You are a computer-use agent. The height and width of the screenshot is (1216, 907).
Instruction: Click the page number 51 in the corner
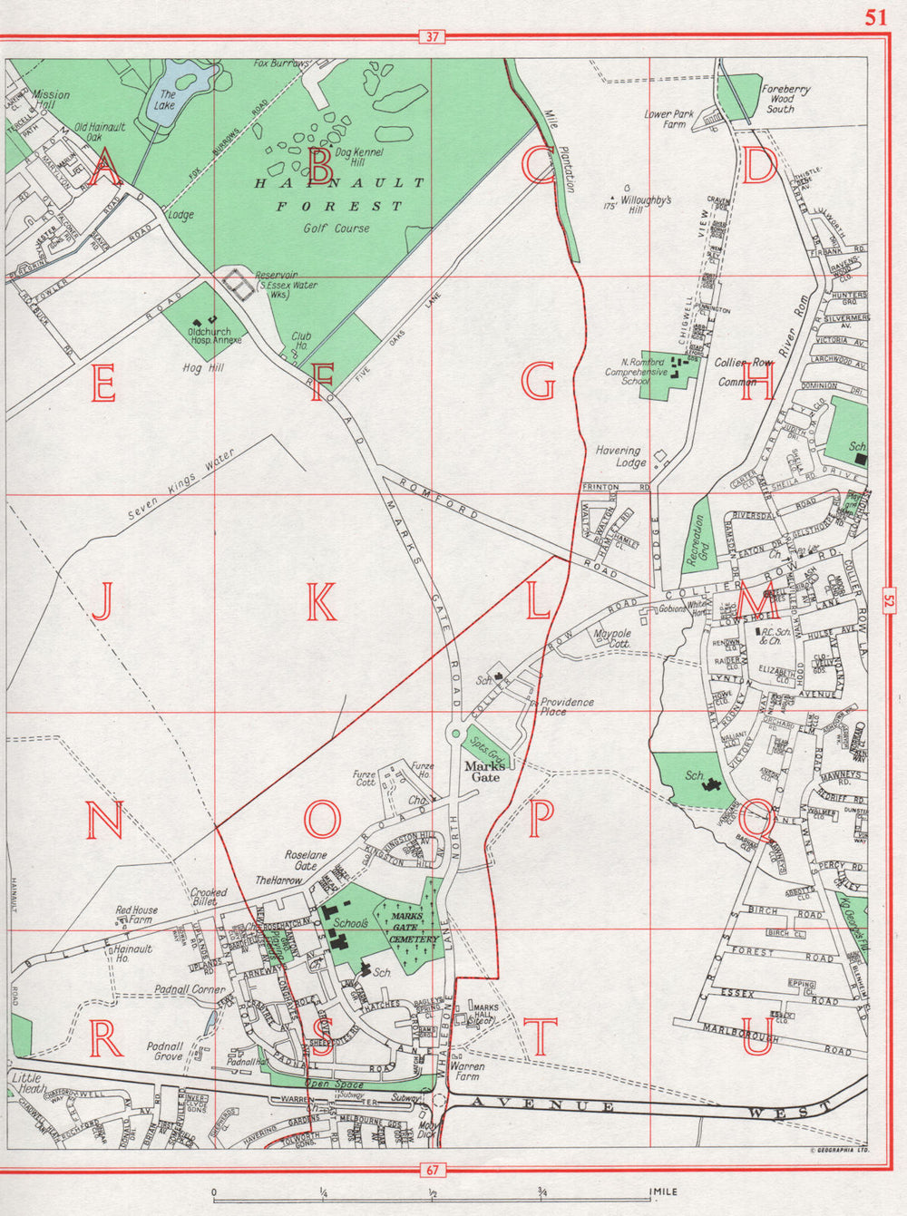click(875, 17)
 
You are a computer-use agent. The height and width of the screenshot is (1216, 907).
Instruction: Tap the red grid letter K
click(321, 602)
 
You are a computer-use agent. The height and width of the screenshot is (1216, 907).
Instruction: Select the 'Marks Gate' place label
click(484, 771)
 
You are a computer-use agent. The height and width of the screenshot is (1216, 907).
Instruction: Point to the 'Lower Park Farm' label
click(669, 120)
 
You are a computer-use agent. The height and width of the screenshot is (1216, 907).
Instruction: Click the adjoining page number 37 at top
click(431, 37)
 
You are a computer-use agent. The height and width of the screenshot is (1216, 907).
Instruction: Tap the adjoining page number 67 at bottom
click(431, 1170)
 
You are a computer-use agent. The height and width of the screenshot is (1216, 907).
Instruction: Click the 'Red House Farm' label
click(136, 915)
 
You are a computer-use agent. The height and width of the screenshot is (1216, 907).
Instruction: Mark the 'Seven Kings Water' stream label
click(180, 486)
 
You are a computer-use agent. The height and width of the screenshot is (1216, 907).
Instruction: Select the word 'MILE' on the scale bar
click(665, 1192)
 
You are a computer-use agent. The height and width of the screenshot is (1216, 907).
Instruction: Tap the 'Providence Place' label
click(567, 706)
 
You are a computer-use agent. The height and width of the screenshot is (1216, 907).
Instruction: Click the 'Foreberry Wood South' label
click(785, 99)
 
